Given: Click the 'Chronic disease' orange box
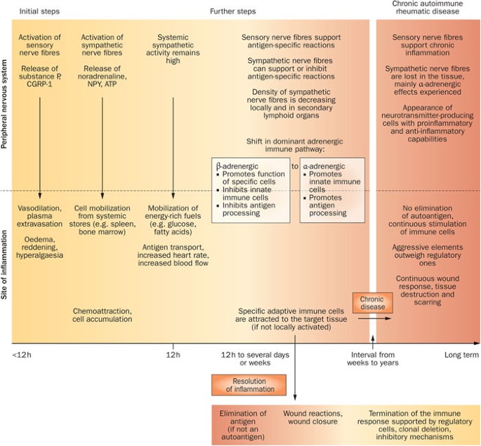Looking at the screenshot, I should click(x=371, y=304).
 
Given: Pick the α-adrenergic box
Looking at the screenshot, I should click(x=334, y=189).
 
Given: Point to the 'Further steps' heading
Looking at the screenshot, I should click(x=232, y=11).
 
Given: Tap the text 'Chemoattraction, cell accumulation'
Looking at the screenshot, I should click(x=103, y=315).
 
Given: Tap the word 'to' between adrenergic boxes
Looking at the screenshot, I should click(x=295, y=168).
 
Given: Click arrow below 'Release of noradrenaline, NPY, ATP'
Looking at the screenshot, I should click(x=103, y=147).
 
